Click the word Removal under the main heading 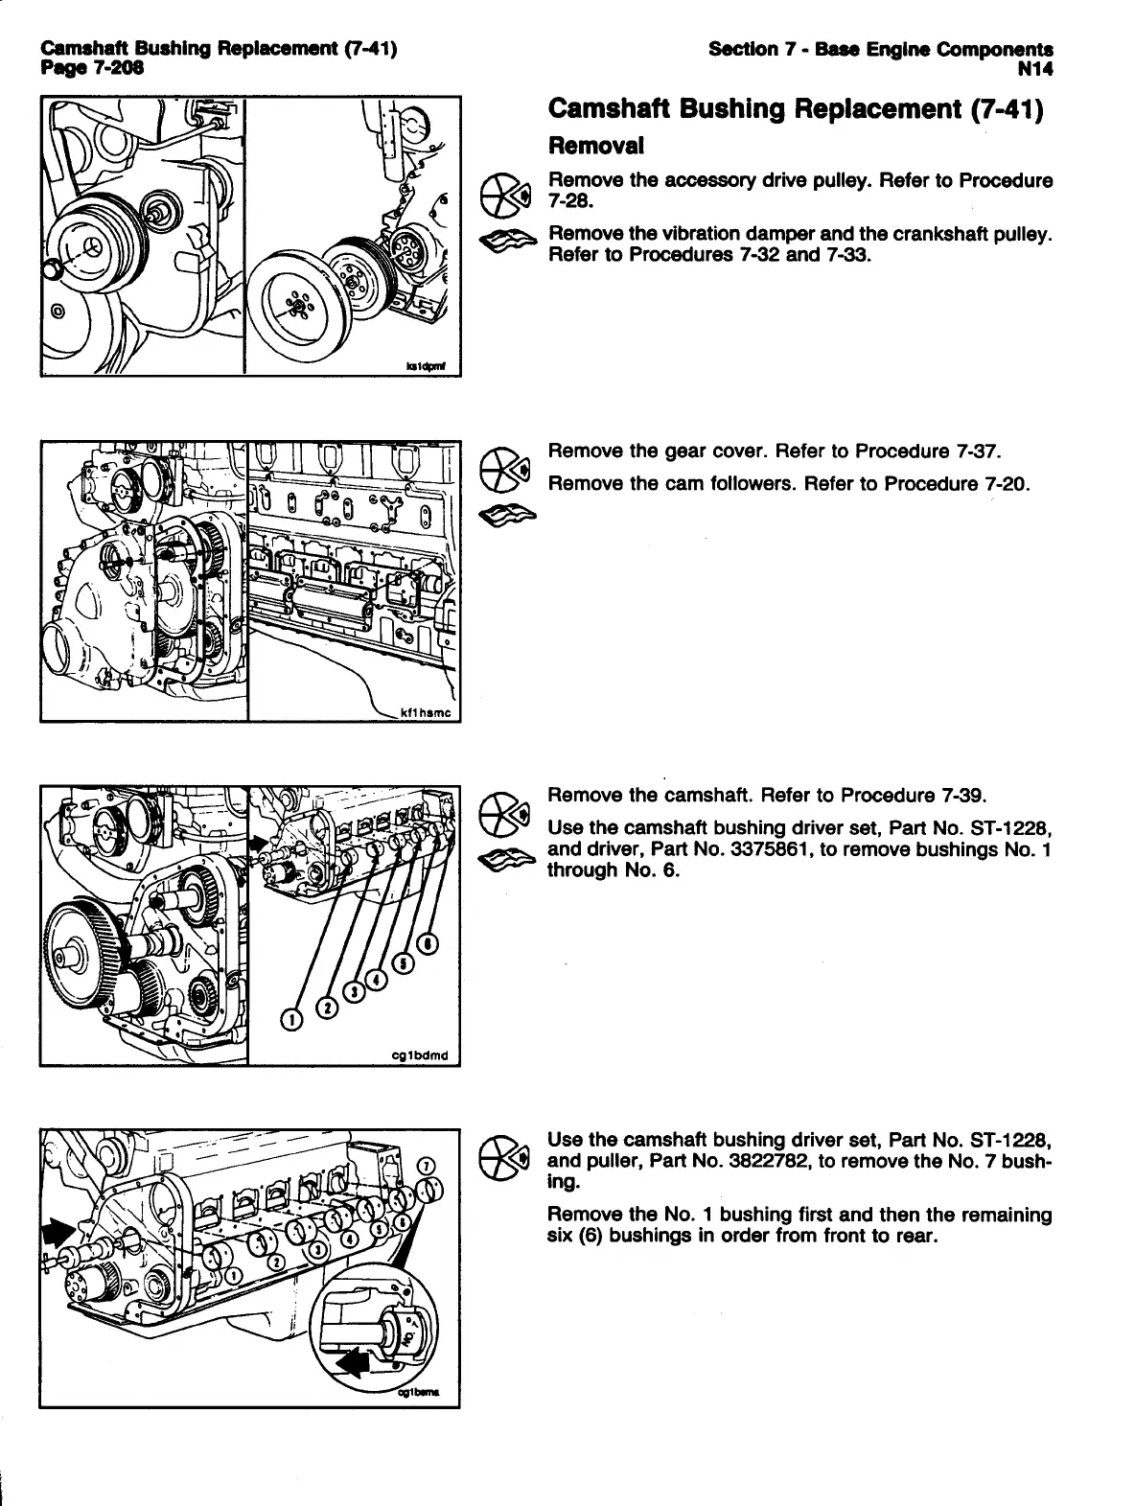pyautogui.click(x=595, y=146)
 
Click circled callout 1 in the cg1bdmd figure pyautogui.click(x=290, y=1018)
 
